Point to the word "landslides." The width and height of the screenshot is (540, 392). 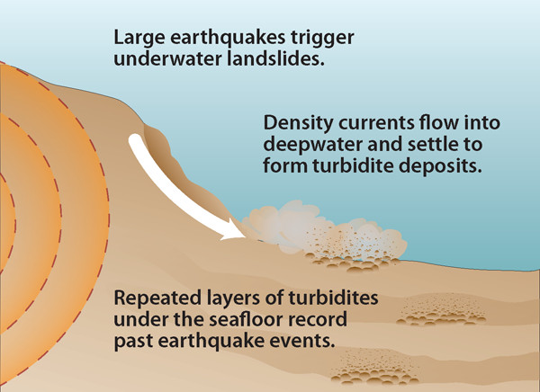[275, 58]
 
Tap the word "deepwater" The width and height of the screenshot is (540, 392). [312, 146]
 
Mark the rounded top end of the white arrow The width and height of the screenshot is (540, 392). [135, 139]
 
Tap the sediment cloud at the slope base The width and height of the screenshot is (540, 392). [324, 230]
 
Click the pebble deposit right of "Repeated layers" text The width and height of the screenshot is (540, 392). [442, 310]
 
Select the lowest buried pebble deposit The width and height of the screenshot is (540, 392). [375, 367]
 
